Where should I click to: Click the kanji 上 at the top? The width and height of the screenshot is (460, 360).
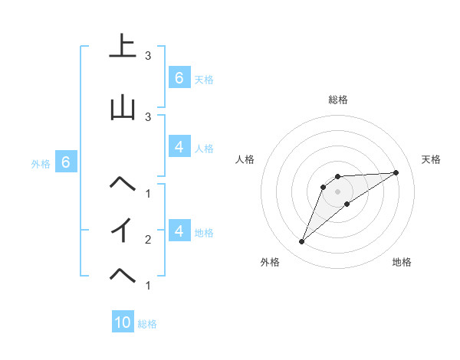pyautogui.click(x=123, y=47)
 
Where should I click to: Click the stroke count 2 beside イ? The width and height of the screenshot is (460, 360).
pyautogui.click(x=148, y=240)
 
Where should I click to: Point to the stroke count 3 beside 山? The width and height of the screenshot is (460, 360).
pyautogui.click(x=148, y=116)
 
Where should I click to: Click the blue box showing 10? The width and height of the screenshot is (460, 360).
pyautogui.click(x=123, y=322)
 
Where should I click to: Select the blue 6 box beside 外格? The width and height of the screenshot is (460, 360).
pyautogui.click(x=66, y=162)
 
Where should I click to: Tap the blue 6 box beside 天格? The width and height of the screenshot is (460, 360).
pyautogui.click(x=179, y=77)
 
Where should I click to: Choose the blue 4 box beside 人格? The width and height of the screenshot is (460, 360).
pyautogui.click(x=179, y=147)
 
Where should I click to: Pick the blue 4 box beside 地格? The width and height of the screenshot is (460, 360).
pyautogui.click(x=179, y=231)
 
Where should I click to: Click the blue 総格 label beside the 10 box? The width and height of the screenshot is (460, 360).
pyautogui.click(x=147, y=324)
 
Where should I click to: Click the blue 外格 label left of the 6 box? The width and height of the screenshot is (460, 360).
pyautogui.click(x=40, y=163)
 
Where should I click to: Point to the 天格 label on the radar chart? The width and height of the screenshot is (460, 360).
pyautogui.click(x=432, y=159)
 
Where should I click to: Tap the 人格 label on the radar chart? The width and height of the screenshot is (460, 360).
pyautogui.click(x=245, y=159)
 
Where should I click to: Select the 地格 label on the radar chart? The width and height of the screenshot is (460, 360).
pyautogui.click(x=402, y=262)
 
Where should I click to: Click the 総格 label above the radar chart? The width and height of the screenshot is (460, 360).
pyautogui.click(x=338, y=100)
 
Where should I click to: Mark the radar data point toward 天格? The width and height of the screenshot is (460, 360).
pyautogui.click(x=396, y=172)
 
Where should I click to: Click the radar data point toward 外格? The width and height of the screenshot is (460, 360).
pyautogui.click(x=301, y=242)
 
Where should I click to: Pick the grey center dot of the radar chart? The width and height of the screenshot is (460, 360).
pyautogui.click(x=338, y=191)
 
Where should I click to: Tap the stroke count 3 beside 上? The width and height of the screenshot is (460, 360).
pyautogui.click(x=148, y=56)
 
